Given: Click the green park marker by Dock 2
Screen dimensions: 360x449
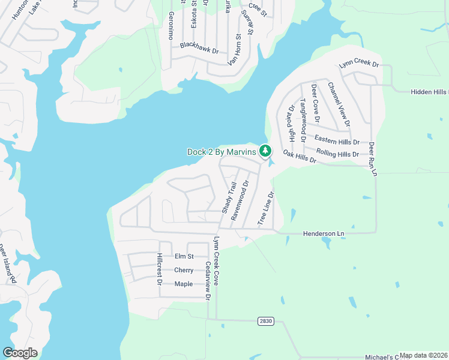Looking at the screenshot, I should [x=265, y=151].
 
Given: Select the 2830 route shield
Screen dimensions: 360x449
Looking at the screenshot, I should [x=265, y=321].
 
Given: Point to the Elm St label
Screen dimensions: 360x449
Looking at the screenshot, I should [x=184, y=256].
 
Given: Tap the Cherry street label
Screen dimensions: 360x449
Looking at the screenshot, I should [x=184, y=270].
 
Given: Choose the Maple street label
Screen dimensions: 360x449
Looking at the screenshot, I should [x=183, y=284].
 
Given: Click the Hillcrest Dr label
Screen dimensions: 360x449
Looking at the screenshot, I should [x=160, y=268].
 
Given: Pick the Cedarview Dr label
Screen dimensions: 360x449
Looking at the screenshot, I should [x=208, y=280].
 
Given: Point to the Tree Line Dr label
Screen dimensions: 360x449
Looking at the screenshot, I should [x=265, y=209].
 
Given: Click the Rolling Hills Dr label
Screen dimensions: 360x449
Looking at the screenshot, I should [x=337, y=154].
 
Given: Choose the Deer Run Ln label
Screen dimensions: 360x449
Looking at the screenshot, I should [x=372, y=159].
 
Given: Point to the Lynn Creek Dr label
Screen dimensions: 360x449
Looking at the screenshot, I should [x=359, y=64].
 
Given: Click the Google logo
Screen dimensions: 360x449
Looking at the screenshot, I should [x=20, y=353].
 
